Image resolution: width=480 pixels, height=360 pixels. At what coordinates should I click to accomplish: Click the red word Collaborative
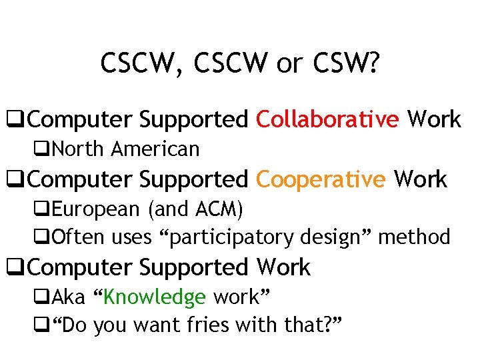tap(327, 119)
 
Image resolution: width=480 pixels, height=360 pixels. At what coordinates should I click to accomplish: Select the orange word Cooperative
tap(321, 179)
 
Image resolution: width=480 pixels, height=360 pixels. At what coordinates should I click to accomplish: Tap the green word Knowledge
tap(155, 296)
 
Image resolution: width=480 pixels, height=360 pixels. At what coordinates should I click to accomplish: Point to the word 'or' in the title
tap(289, 64)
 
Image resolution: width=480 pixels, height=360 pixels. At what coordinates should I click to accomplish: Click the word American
tap(155, 149)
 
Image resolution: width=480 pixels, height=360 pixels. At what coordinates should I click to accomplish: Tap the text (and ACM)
tap(196, 209)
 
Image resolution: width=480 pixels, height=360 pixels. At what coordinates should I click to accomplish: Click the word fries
tap(215, 325)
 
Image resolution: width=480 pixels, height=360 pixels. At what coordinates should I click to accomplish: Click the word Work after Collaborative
tap(434, 119)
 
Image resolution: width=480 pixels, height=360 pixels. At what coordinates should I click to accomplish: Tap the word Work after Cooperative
tap(421, 179)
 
